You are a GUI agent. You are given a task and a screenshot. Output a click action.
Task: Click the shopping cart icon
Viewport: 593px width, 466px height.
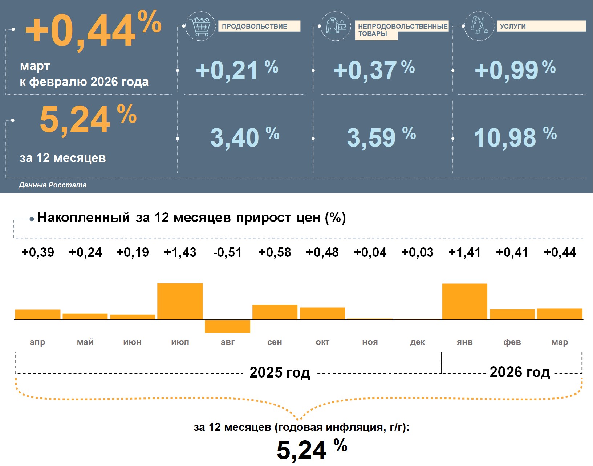[200, 26]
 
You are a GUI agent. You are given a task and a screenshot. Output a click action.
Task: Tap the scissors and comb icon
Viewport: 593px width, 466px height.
[479, 26]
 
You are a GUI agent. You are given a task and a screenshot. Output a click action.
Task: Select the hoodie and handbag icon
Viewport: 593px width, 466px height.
[336, 26]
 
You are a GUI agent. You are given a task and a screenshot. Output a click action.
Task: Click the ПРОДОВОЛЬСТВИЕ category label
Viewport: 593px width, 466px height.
[259, 26]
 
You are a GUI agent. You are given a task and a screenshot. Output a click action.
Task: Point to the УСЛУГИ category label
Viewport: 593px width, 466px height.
[541, 26]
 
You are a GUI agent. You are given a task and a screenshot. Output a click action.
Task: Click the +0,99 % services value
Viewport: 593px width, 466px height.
[515, 70]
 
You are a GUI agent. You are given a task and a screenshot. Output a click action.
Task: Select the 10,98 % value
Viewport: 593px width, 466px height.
[515, 137]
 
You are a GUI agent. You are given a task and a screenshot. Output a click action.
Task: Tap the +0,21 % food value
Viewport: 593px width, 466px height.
[237, 70]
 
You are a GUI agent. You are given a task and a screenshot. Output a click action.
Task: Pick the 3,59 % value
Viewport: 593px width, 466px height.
[381, 137]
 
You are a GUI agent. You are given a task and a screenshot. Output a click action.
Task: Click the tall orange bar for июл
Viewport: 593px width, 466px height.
[180, 301]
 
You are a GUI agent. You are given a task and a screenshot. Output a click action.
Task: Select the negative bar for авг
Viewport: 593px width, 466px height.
[227, 326]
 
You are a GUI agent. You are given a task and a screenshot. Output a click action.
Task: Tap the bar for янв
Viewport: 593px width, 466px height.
[464, 301]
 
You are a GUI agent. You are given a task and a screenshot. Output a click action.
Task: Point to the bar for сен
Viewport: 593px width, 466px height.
[275, 312]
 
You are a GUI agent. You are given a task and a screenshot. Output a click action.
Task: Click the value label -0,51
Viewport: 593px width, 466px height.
[227, 252]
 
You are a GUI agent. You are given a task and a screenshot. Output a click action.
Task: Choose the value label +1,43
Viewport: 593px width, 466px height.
[180, 252]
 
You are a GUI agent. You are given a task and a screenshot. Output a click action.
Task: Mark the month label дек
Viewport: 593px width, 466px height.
[417, 342]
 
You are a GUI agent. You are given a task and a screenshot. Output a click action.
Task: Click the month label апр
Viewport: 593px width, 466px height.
[37, 342]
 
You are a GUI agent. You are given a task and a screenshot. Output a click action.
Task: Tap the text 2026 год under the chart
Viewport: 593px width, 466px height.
[520, 372]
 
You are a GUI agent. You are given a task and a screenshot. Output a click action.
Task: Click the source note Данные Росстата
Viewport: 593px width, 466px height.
[53, 185]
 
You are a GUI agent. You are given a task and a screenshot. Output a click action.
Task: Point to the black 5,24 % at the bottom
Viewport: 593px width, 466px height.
[312, 450]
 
